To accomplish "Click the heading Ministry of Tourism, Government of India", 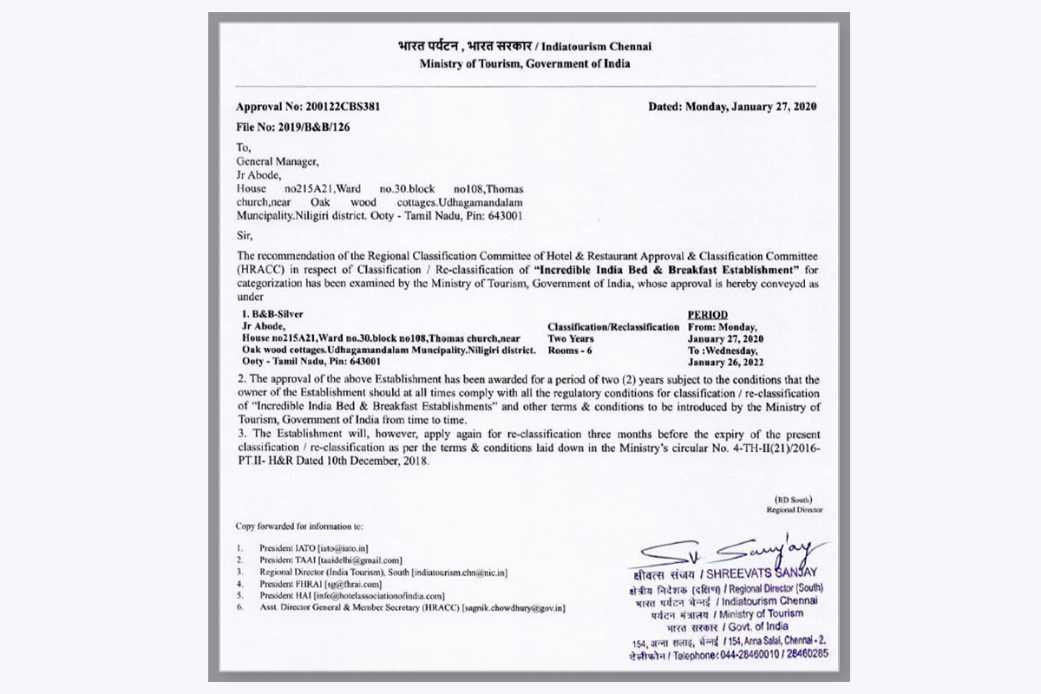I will point(525,63).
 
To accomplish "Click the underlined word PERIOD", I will point(707,314).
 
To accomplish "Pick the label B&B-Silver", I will point(276,314).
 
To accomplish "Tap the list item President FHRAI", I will point(287,584).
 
